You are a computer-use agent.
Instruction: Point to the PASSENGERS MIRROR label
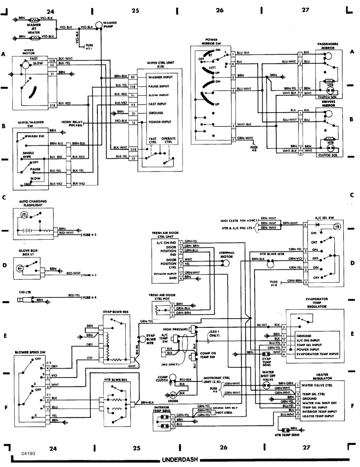pyautogui.click(x=328, y=46)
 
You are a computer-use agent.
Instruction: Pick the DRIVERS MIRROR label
pyautogui.click(x=328, y=103)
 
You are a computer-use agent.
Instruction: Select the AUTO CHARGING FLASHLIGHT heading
pyautogui.click(x=33, y=203)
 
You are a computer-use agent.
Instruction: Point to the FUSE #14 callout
pyautogui.click(x=274, y=283)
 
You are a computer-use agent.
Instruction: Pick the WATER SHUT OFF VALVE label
pyautogui.click(x=267, y=375)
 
